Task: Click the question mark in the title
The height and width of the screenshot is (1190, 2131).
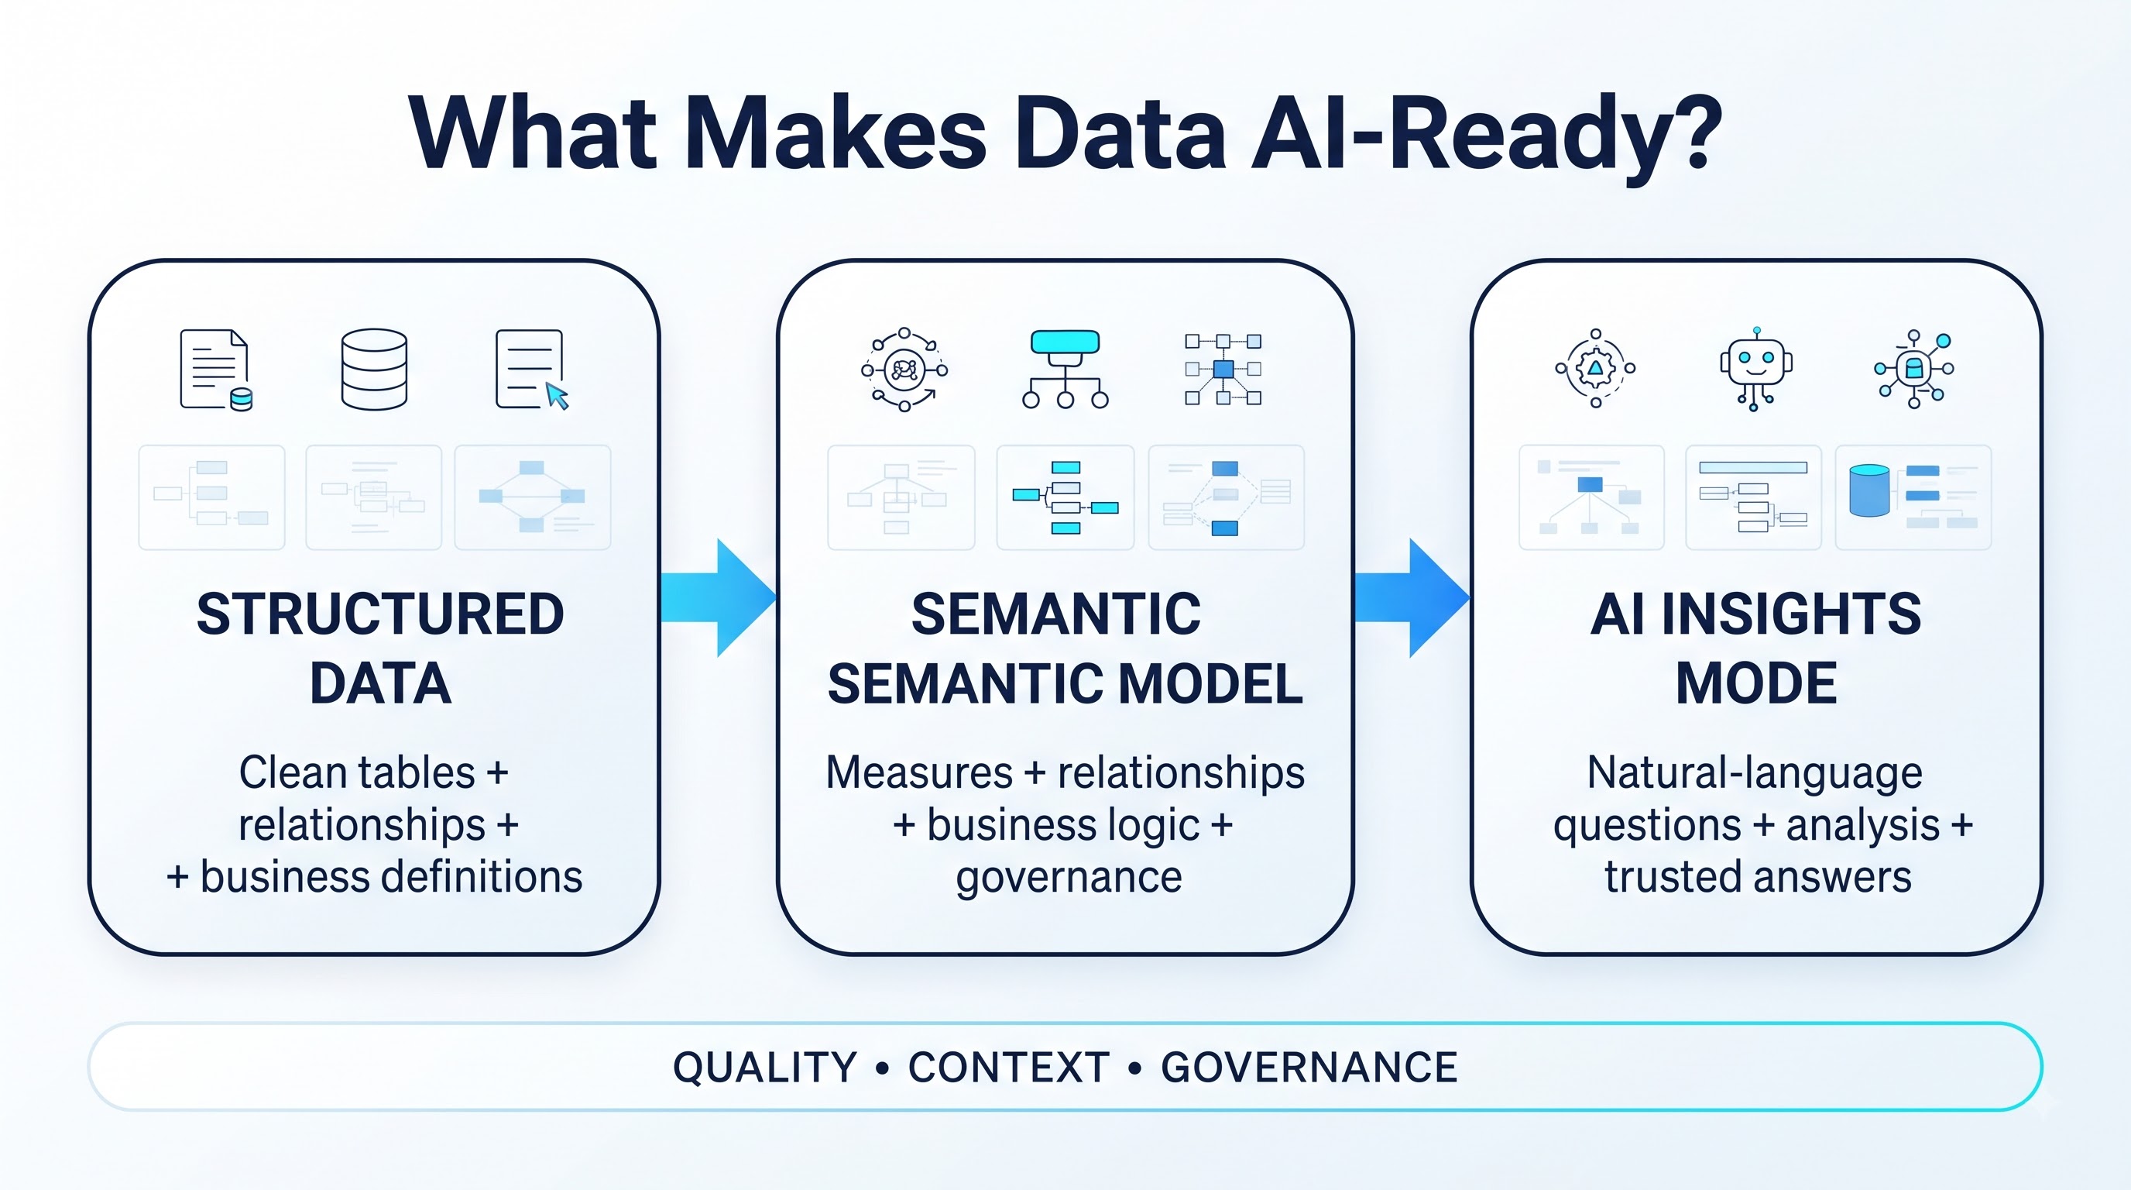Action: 1687,132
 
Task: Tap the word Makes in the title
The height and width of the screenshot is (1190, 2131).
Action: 836,132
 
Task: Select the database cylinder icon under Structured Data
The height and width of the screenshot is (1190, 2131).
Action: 374,369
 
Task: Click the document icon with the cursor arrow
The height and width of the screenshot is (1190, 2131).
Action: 532,369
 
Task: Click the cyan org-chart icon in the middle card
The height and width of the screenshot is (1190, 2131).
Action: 1065,369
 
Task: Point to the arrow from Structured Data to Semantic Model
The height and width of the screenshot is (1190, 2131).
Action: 718,597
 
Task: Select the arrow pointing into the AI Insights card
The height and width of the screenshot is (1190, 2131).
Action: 1412,597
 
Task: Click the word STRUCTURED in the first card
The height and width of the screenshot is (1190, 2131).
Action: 380,614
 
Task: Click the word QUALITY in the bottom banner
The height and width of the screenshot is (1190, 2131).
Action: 764,1068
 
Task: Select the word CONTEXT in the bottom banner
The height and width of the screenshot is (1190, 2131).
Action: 1008,1068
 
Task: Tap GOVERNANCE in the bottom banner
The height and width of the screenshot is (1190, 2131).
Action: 1309,1068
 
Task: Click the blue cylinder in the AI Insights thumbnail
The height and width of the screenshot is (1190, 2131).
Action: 1868,490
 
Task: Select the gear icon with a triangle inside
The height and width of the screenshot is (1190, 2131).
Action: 1595,369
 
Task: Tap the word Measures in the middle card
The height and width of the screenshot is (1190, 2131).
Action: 919,773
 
